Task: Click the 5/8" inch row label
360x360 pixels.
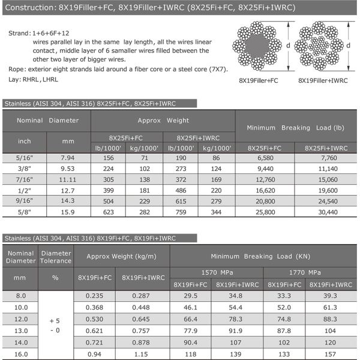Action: [24, 212]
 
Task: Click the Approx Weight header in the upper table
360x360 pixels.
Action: [162, 120]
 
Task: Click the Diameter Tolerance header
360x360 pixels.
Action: [55, 256]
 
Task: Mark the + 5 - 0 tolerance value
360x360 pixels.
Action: [55, 325]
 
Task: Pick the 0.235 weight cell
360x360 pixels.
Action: [94, 296]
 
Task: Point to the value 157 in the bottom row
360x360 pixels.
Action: [331, 354]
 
